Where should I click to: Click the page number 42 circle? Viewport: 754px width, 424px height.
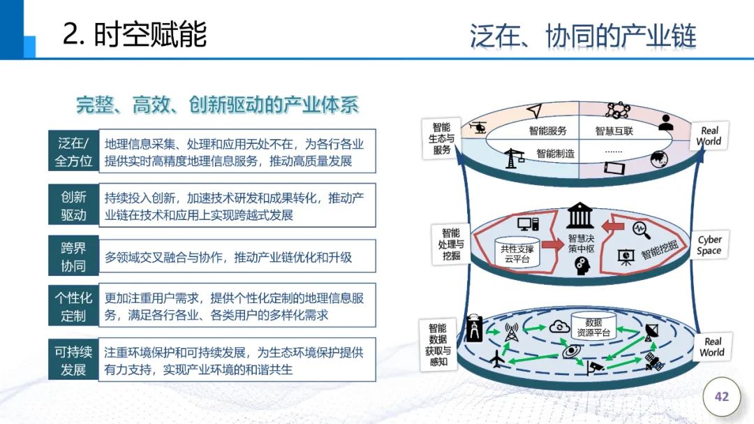pyautogui.click(x=721, y=397)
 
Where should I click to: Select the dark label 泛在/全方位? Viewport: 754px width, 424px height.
pyautogui.click(x=73, y=152)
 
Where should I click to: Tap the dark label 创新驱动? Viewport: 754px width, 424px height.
pyautogui.click(x=73, y=205)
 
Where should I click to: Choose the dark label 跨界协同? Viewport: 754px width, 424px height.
pyautogui.click(x=73, y=256)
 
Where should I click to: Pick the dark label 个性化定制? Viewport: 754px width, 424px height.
pyautogui.click(x=73, y=306)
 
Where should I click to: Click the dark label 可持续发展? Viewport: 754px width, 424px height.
pyautogui.click(x=73, y=360)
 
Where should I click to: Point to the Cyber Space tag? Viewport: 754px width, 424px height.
pyautogui.click(x=709, y=245)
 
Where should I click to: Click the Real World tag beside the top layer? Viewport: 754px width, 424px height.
pyautogui.click(x=709, y=136)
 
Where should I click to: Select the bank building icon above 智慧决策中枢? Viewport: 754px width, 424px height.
pyautogui.click(x=579, y=216)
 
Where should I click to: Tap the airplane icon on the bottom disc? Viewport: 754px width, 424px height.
pyautogui.click(x=498, y=360)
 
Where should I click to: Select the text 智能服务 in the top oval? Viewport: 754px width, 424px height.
pyautogui.click(x=547, y=131)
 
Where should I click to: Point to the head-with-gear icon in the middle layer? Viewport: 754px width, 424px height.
pyautogui.click(x=579, y=266)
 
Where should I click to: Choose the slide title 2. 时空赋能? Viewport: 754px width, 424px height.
pyautogui.click(x=135, y=34)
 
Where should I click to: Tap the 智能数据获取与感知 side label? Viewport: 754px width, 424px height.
pyautogui.click(x=438, y=344)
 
